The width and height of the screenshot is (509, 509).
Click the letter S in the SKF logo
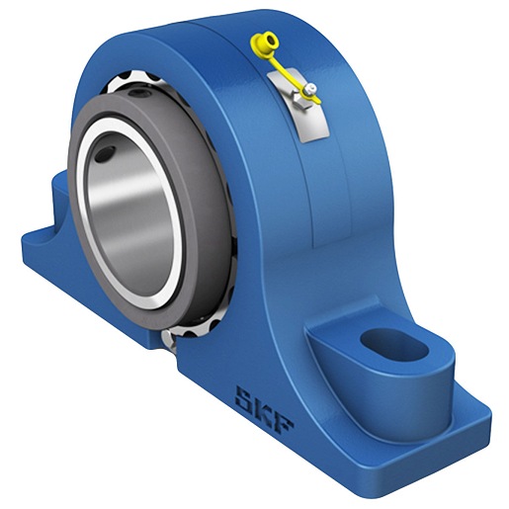[x=246, y=400]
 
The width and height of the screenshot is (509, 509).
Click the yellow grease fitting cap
[x=265, y=43]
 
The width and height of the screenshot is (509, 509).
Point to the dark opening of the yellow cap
[x=271, y=41]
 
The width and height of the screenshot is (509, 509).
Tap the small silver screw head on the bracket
[x=310, y=88]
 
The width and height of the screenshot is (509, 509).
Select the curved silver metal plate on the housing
[x=298, y=105]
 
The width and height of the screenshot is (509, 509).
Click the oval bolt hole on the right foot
[x=393, y=344]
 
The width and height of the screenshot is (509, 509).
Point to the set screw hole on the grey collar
[x=139, y=93]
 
